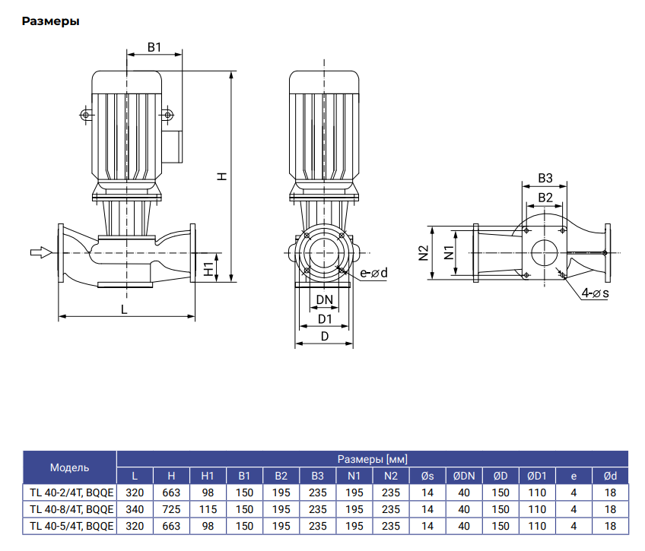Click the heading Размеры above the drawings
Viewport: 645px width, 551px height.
point(51,21)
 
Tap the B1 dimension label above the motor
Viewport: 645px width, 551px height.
point(154,47)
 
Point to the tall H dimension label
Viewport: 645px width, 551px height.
point(222,176)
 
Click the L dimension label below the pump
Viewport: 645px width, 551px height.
point(124,309)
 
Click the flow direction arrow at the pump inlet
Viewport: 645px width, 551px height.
point(41,252)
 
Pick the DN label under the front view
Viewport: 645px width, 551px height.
point(325,299)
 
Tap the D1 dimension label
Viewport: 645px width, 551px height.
point(325,318)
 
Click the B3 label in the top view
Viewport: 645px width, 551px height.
point(544,179)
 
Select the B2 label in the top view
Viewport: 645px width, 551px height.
point(545,198)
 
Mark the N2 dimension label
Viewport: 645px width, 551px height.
point(424,253)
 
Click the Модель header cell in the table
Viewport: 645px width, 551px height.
point(69,467)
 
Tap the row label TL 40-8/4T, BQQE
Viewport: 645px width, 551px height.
point(71,509)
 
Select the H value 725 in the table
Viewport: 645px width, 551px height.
point(171,509)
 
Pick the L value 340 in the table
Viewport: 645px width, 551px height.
point(135,509)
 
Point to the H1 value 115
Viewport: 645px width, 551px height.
point(208,509)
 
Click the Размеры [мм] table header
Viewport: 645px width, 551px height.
point(372,459)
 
